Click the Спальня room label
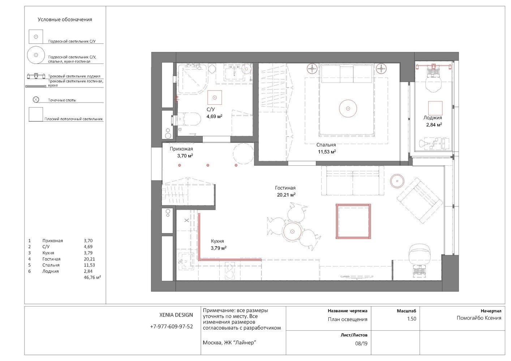point(326,145)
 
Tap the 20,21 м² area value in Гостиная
point(286,195)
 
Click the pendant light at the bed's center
point(348,109)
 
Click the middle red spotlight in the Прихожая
point(208,165)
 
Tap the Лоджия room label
point(433,118)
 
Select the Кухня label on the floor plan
point(217,241)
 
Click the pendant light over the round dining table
point(292,231)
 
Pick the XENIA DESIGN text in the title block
point(176,315)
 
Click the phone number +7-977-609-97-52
point(172,327)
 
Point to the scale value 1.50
point(412,319)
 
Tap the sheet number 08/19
point(361,343)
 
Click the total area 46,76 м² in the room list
point(93,277)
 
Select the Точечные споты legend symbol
point(36,100)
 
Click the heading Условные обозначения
point(65,19)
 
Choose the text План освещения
point(348,319)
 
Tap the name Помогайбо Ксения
point(479,318)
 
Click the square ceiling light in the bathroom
point(214,97)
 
